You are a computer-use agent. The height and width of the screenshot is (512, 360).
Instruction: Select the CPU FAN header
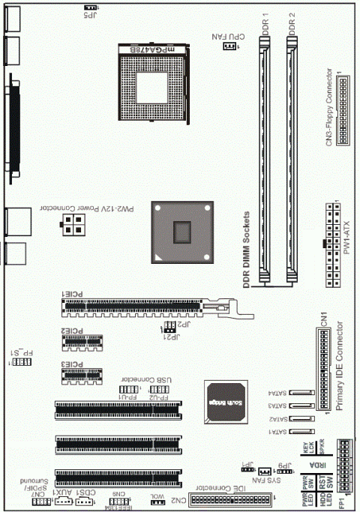[228, 46]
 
